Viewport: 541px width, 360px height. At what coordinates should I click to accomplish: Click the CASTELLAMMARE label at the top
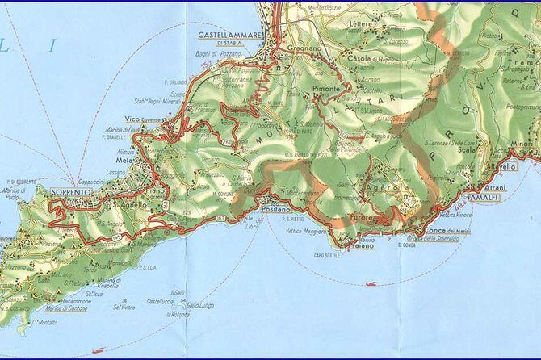(230, 35)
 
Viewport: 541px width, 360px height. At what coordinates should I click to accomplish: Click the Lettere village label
(362, 23)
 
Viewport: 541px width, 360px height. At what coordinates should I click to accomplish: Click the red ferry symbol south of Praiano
(371, 283)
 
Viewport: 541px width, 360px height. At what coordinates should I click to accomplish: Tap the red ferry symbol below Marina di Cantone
(99, 350)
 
